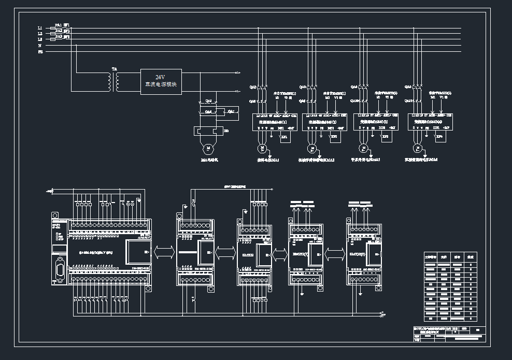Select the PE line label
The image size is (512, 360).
(x=40, y=52)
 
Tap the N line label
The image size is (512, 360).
(x=40, y=46)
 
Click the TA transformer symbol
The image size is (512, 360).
(x=114, y=81)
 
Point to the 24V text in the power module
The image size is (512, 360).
(x=160, y=77)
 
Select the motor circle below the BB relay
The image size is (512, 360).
(x=208, y=148)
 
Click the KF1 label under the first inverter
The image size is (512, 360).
(x=284, y=137)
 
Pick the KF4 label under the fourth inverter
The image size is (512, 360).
(x=439, y=137)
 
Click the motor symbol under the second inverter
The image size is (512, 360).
(x=311, y=149)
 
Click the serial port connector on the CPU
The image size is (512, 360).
(x=60, y=271)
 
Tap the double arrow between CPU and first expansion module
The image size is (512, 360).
(x=164, y=252)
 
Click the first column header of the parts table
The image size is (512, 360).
(x=431, y=256)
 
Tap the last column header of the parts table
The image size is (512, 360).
(x=471, y=256)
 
